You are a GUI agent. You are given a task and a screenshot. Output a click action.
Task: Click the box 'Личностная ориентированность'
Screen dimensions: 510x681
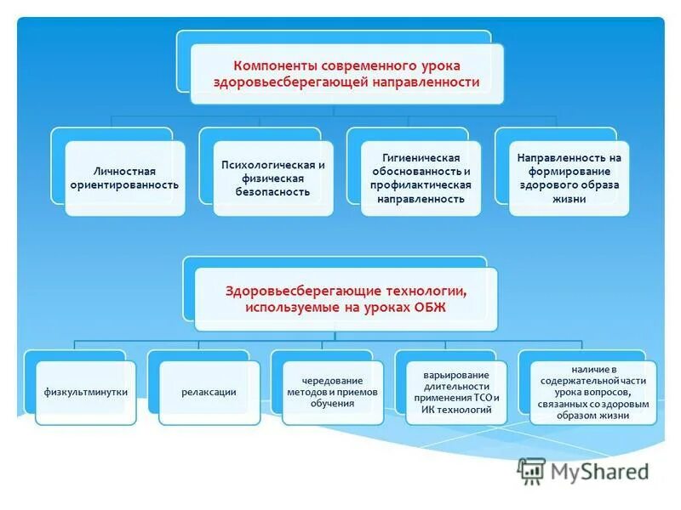click(124, 178)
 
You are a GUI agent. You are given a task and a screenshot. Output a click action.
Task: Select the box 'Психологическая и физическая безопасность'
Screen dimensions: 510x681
click(272, 178)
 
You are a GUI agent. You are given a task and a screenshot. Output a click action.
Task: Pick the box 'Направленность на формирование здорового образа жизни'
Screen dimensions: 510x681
click(569, 178)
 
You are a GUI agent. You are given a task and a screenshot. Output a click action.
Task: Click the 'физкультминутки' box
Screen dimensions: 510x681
click(86, 392)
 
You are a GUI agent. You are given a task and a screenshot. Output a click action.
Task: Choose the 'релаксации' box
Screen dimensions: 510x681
click(209, 392)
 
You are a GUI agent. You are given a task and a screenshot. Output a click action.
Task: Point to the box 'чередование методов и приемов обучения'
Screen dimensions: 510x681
click(332, 392)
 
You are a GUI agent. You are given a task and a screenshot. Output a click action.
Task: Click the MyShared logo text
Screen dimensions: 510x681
click(599, 470)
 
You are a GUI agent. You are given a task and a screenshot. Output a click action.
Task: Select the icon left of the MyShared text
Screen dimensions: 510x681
click(531, 470)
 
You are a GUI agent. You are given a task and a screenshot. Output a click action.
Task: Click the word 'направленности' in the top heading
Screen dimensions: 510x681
click(426, 82)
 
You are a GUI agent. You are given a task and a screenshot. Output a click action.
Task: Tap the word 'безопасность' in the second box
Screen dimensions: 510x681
click(272, 192)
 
